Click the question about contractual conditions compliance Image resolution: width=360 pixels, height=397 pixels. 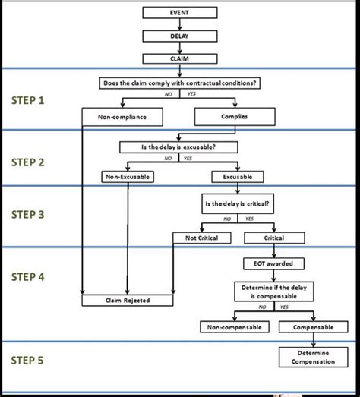(x=180, y=82)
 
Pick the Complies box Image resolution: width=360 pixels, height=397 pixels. (x=234, y=117)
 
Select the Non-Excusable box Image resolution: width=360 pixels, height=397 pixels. (x=128, y=177)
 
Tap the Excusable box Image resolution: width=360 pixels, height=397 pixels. (x=237, y=177)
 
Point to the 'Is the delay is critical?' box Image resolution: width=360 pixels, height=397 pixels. (x=236, y=205)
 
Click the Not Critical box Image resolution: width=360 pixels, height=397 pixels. (x=201, y=238)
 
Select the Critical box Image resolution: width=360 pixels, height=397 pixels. (x=273, y=238)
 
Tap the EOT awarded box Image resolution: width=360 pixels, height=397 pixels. (x=273, y=263)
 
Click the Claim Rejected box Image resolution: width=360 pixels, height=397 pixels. (x=127, y=300)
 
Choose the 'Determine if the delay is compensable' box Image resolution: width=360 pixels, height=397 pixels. (x=273, y=291)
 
